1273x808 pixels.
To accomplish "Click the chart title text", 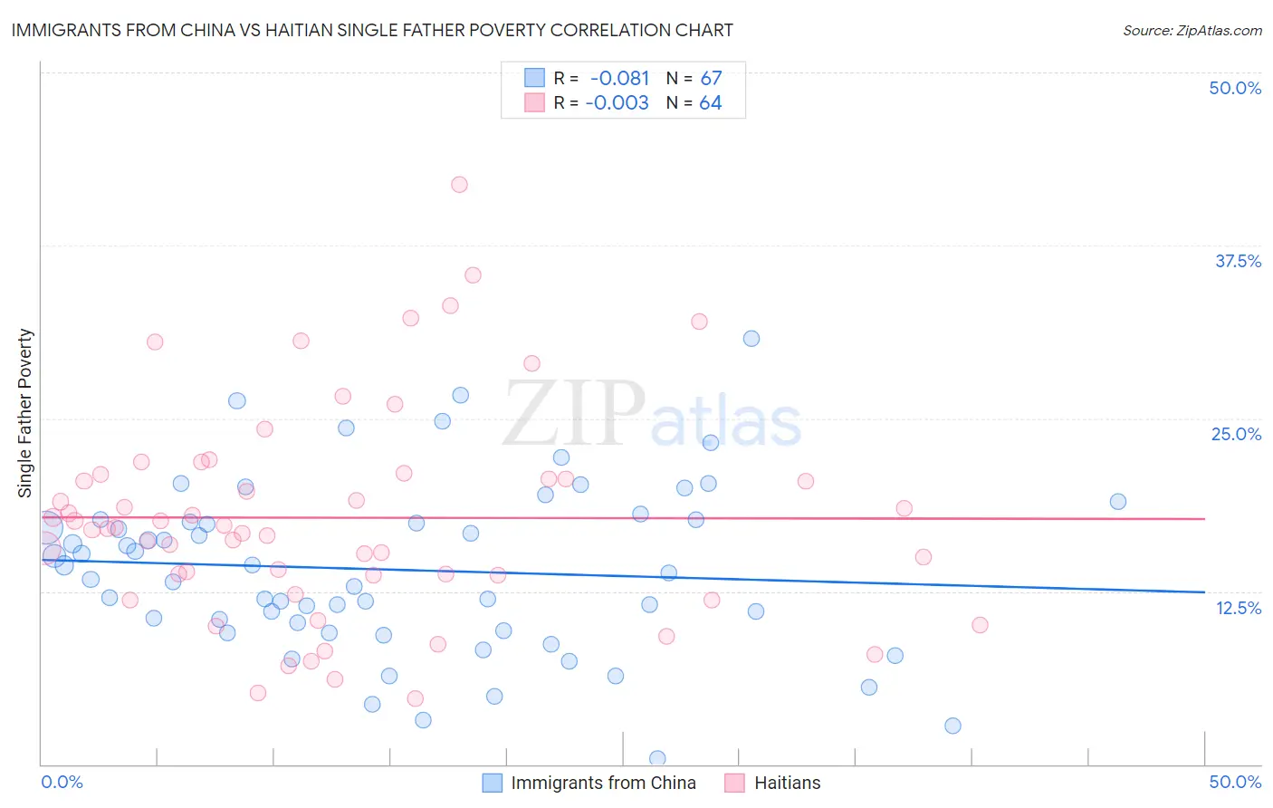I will [x=372, y=30].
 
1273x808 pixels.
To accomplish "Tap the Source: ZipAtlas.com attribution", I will [x=1192, y=30].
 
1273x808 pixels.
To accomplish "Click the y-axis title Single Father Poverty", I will [x=25, y=413].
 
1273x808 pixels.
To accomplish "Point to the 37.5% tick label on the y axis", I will [x=1238, y=261].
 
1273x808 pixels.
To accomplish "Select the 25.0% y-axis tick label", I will [x=1236, y=434].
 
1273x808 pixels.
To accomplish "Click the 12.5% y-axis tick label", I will [x=1238, y=608].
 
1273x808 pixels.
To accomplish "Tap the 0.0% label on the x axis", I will [x=62, y=782].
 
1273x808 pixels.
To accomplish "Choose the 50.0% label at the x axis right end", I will [x=1235, y=782].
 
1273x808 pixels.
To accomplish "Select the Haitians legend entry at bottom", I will [x=787, y=783].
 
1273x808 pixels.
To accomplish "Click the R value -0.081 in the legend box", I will [x=619, y=78].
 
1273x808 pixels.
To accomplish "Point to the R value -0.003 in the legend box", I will [x=617, y=102].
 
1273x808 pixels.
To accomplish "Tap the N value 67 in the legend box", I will [x=711, y=78].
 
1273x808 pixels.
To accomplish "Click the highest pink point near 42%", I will [x=459, y=185].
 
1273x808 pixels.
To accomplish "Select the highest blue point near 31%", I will [x=751, y=339].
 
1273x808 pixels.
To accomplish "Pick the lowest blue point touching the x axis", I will [x=657, y=758].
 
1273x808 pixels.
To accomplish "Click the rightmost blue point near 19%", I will [x=1118, y=502].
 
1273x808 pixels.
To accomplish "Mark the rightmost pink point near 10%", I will [x=980, y=625].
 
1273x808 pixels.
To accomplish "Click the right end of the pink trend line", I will [x=1204, y=519].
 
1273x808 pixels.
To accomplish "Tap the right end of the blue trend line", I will [x=1204, y=592].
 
